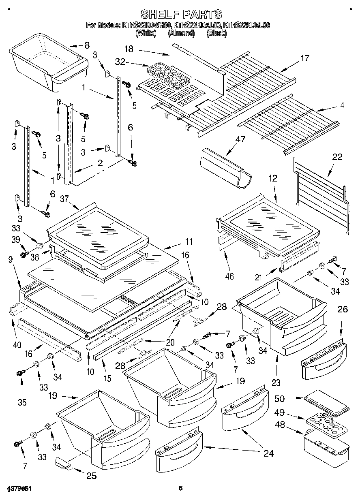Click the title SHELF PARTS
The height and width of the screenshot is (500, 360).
180,15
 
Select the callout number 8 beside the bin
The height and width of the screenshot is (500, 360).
87,45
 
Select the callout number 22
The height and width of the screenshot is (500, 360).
337,157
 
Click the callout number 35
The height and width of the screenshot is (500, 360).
22,402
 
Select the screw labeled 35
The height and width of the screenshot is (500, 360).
20,373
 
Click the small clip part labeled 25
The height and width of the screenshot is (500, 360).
63,463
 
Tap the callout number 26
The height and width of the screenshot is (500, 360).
343,310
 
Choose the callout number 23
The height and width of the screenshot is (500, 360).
276,382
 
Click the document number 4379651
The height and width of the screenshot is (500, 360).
19,489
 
